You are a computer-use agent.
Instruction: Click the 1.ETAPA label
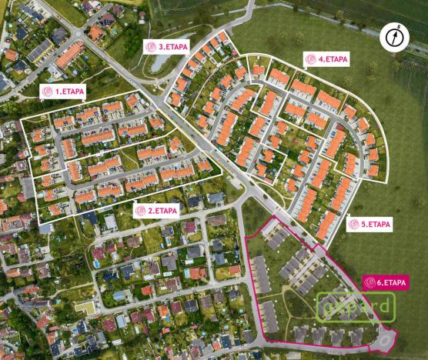63,91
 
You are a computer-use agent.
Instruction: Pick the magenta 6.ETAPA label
386,282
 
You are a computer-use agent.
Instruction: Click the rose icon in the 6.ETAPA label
370,282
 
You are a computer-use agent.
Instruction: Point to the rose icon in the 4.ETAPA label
311,59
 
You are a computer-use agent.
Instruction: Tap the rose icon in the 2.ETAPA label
141,210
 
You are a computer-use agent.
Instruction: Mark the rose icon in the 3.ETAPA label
152,46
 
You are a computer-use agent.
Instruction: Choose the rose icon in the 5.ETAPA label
354,225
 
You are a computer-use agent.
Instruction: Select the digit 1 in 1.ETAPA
57,91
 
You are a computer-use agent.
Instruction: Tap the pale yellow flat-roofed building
85,307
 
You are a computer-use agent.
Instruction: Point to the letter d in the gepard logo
385,305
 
